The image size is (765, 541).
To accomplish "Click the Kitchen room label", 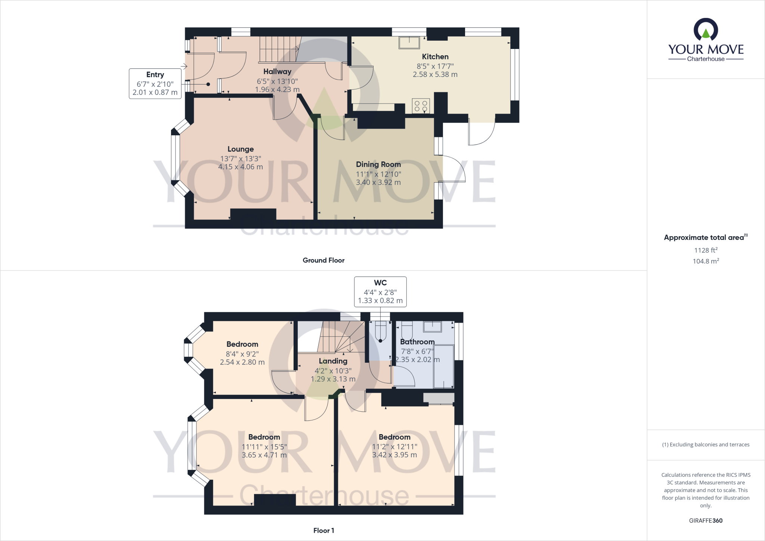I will coord(435,57).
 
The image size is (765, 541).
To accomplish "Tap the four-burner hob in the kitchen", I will coord(421,106).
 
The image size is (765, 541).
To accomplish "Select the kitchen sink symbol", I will coord(409,43).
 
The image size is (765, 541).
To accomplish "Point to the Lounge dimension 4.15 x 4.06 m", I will coord(241,167).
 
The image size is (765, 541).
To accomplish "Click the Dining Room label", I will coord(378,164).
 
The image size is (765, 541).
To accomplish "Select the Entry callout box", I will coord(155,83).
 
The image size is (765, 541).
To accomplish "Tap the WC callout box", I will coord(380,291).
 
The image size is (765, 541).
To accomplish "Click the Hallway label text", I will coord(277,72).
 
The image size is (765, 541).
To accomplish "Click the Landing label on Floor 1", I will coord(333,361).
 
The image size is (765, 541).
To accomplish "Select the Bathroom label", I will coord(417,342).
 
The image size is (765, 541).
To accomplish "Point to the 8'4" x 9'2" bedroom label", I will coord(242,353).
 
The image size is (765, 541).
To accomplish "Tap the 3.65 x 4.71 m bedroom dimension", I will coord(264,455).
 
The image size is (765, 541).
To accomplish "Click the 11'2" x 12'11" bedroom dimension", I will coord(394,446).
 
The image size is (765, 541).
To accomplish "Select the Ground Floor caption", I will coord(323,260).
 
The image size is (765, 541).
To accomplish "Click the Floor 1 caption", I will coord(323,531).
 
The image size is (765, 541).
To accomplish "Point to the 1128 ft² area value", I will coord(706,250).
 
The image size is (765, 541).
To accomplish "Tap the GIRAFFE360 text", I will coord(706,520).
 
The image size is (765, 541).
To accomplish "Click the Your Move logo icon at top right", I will coord(706,30).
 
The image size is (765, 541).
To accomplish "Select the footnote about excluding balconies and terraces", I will coord(706,445).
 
